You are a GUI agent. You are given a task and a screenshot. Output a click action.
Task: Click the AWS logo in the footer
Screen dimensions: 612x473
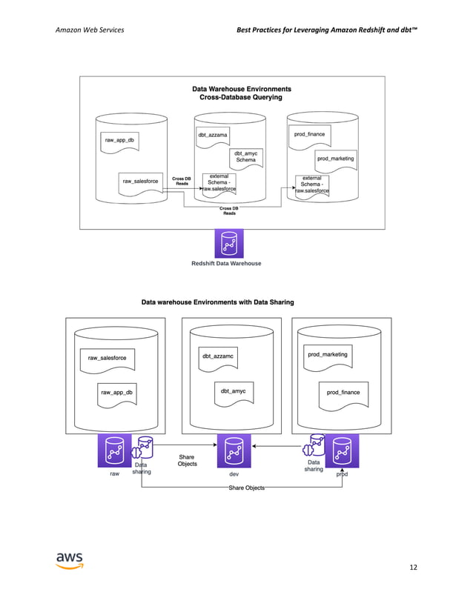[70, 560]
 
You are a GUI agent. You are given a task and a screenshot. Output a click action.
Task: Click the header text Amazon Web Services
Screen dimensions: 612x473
[90, 29]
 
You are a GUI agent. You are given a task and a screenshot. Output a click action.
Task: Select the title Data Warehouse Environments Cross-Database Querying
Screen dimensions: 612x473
[240, 93]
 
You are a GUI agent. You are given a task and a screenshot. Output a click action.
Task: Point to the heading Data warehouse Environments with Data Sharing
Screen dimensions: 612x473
[217, 302]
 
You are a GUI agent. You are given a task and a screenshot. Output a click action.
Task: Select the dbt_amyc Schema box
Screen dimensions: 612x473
[245, 156]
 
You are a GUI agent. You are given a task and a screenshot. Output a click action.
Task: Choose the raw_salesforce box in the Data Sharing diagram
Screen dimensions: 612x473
[107, 359]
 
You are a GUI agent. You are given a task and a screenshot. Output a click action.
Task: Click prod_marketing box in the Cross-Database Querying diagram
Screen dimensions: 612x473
[335, 159]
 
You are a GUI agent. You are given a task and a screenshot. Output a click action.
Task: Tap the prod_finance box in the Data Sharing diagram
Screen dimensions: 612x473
[343, 392]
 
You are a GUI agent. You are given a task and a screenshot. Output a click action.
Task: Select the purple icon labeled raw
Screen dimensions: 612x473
[114, 451]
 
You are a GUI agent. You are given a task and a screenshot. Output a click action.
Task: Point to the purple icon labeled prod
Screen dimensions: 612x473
[342, 451]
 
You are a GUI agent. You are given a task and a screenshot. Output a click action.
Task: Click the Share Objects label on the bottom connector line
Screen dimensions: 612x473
[246, 488]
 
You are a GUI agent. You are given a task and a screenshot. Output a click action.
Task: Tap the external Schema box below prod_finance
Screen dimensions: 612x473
[312, 184]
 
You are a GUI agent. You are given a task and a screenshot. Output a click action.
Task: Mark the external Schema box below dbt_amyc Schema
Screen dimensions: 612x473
[219, 182]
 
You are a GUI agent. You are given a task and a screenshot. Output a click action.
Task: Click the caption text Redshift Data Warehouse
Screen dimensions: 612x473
[226, 263]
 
